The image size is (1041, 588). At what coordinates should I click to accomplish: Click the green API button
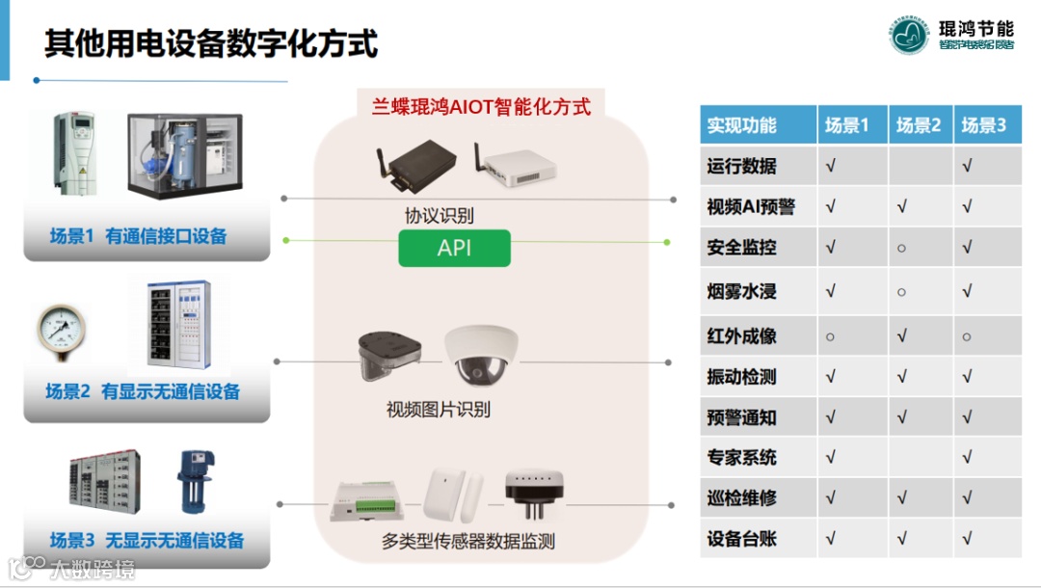click(454, 248)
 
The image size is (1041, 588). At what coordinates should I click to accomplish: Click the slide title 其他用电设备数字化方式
click(211, 43)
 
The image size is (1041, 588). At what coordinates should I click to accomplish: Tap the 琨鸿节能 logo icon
click(909, 35)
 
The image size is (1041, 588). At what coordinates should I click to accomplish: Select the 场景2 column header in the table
click(919, 125)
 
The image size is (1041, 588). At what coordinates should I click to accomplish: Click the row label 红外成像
click(741, 336)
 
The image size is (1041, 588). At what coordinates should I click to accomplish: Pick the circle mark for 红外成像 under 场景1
click(831, 336)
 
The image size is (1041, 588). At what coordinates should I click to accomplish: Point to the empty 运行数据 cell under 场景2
click(919, 166)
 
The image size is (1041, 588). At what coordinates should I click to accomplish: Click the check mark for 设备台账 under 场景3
click(967, 539)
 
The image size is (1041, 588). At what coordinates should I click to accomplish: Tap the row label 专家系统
click(741, 457)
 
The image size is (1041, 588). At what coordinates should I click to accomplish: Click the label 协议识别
click(439, 215)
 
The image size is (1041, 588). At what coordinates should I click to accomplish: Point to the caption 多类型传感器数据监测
click(468, 541)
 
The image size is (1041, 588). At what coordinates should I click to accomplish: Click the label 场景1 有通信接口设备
click(138, 236)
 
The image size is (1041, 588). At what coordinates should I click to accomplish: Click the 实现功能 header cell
click(741, 125)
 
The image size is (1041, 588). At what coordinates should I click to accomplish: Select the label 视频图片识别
click(439, 410)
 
